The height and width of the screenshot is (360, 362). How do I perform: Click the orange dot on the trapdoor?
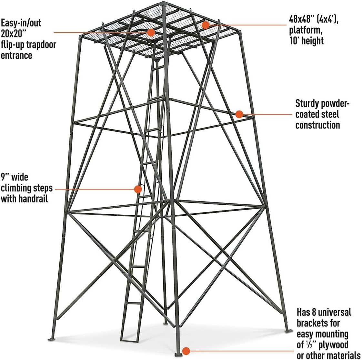point(151,32)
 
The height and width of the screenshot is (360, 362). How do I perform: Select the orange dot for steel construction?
point(239,114)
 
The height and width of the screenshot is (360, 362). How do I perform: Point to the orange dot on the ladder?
point(138,189)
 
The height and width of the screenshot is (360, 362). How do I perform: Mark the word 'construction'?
point(317,125)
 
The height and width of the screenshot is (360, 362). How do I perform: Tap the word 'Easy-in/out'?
point(21,23)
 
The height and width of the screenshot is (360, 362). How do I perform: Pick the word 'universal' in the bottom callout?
point(332,312)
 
